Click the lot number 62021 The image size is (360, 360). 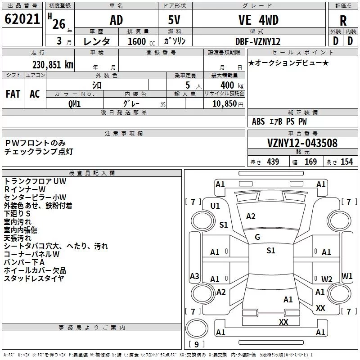[x=22, y=20]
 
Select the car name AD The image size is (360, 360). [x=116, y=20]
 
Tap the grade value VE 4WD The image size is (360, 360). [x=258, y=20]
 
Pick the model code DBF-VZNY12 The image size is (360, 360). [x=258, y=41]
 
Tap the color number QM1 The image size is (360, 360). [x=75, y=103]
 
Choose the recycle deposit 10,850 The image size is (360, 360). [x=225, y=103]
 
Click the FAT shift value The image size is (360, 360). [x=13, y=94]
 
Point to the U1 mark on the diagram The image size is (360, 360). [x=215, y=206]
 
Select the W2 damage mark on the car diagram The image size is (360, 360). [x=327, y=279]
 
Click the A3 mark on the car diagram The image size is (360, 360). [x=194, y=276]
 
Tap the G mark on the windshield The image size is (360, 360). [x=257, y=237]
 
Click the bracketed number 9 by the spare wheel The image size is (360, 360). [x=196, y=344]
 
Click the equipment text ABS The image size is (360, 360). [x=258, y=121]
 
